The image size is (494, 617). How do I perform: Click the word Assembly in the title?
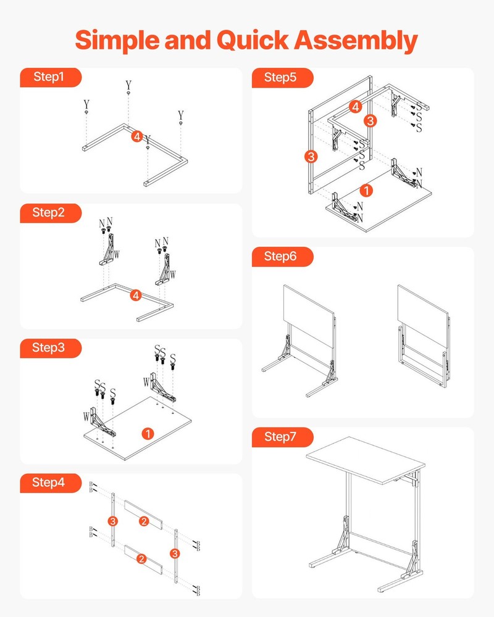tap(355, 40)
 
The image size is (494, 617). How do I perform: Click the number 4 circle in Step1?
tap(137, 136)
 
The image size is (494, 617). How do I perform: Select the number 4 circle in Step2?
tap(136, 296)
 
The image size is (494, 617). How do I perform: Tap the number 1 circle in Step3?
tap(148, 433)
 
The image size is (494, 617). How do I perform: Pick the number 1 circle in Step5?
tap(366, 191)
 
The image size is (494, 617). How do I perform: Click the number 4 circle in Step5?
tap(354, 106)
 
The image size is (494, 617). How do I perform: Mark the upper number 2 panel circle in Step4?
tap(143, 522)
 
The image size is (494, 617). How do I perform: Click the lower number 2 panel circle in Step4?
tap(141, 559)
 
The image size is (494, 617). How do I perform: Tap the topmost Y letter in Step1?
tap(128, 85)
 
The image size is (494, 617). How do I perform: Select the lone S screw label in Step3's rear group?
tap(173, 357)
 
